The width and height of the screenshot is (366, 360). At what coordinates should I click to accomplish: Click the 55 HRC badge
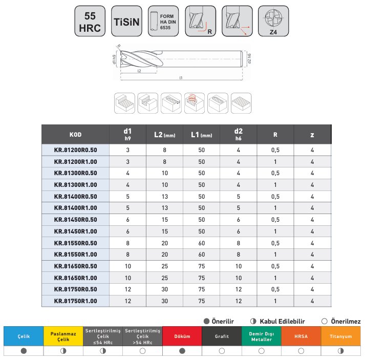click(90, 21)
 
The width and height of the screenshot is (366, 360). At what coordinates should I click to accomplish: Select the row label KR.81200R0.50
click(75, 150)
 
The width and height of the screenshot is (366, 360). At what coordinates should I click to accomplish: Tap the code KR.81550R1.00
click(75, 255)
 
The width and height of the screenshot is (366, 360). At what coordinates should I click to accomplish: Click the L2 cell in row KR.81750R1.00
click(164, 301)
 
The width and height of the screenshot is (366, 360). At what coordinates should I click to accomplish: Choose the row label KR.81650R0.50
click(75, 266)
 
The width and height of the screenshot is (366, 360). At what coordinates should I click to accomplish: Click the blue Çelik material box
click(23, 336)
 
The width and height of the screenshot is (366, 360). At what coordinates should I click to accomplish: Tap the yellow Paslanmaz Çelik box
click(63, 336)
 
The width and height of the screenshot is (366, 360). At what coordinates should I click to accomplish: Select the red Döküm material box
click(182, 336)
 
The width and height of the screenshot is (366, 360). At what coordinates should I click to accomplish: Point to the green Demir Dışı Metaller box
click(262, 336)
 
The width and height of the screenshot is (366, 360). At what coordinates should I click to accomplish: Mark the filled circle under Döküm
click(182, 351)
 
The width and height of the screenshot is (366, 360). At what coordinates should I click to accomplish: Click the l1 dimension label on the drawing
click(181, 78)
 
